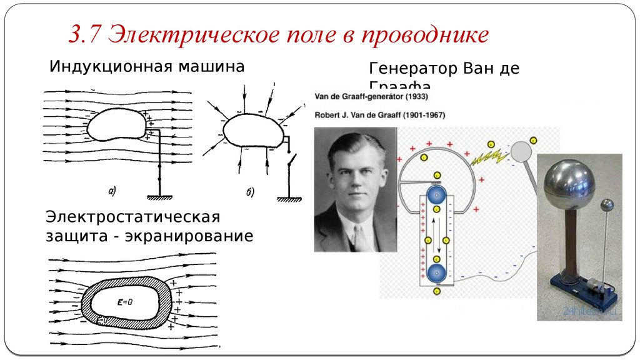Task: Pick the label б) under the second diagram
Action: pyautogui.click(x=249, y=191)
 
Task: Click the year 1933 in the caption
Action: pyautogui.click(x=415, y=98)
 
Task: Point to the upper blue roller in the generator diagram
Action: pyautogui.click(x=437, y=196)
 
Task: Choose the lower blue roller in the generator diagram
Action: pyautogui.click(x=437, y=273)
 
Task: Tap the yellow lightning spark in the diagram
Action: pyautogui.click(x=487, y=155)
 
